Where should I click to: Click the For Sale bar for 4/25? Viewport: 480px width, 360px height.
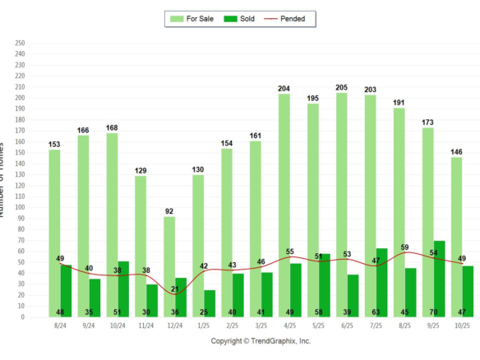click(x=284, y=205)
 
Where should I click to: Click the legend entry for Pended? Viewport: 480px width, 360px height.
click(x=290, y=18)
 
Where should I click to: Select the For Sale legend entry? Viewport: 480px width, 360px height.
click(x=188, y=18)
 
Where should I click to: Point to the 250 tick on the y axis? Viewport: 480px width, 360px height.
click(x=21, y=44)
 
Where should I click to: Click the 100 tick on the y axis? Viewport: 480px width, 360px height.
click(x=21, y=208)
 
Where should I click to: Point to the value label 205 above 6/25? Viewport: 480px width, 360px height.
click(x=341, y=87)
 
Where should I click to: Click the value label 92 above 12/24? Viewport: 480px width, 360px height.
click(x=169, y=211)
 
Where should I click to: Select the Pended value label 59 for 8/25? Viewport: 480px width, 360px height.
click(x=404, y=247)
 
